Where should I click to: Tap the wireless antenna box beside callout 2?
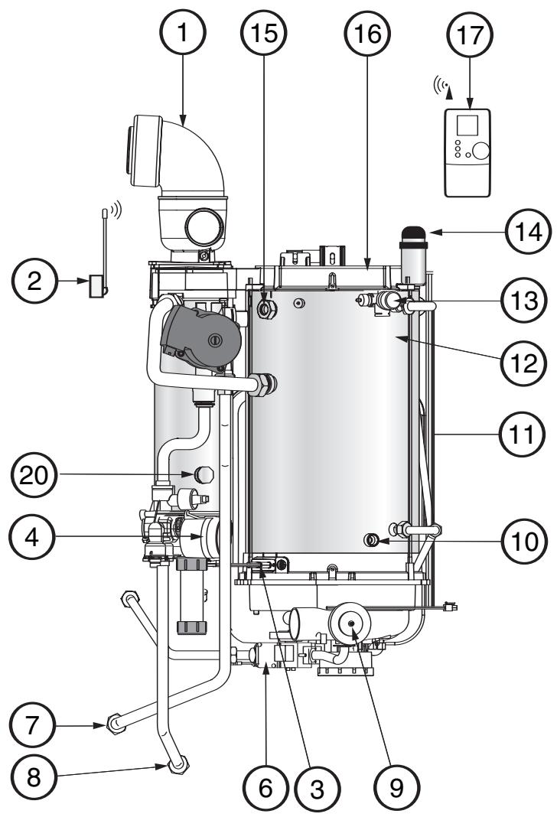coord(96,287)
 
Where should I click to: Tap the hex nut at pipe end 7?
coord(116,720)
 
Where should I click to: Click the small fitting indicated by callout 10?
coord(373,541)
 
